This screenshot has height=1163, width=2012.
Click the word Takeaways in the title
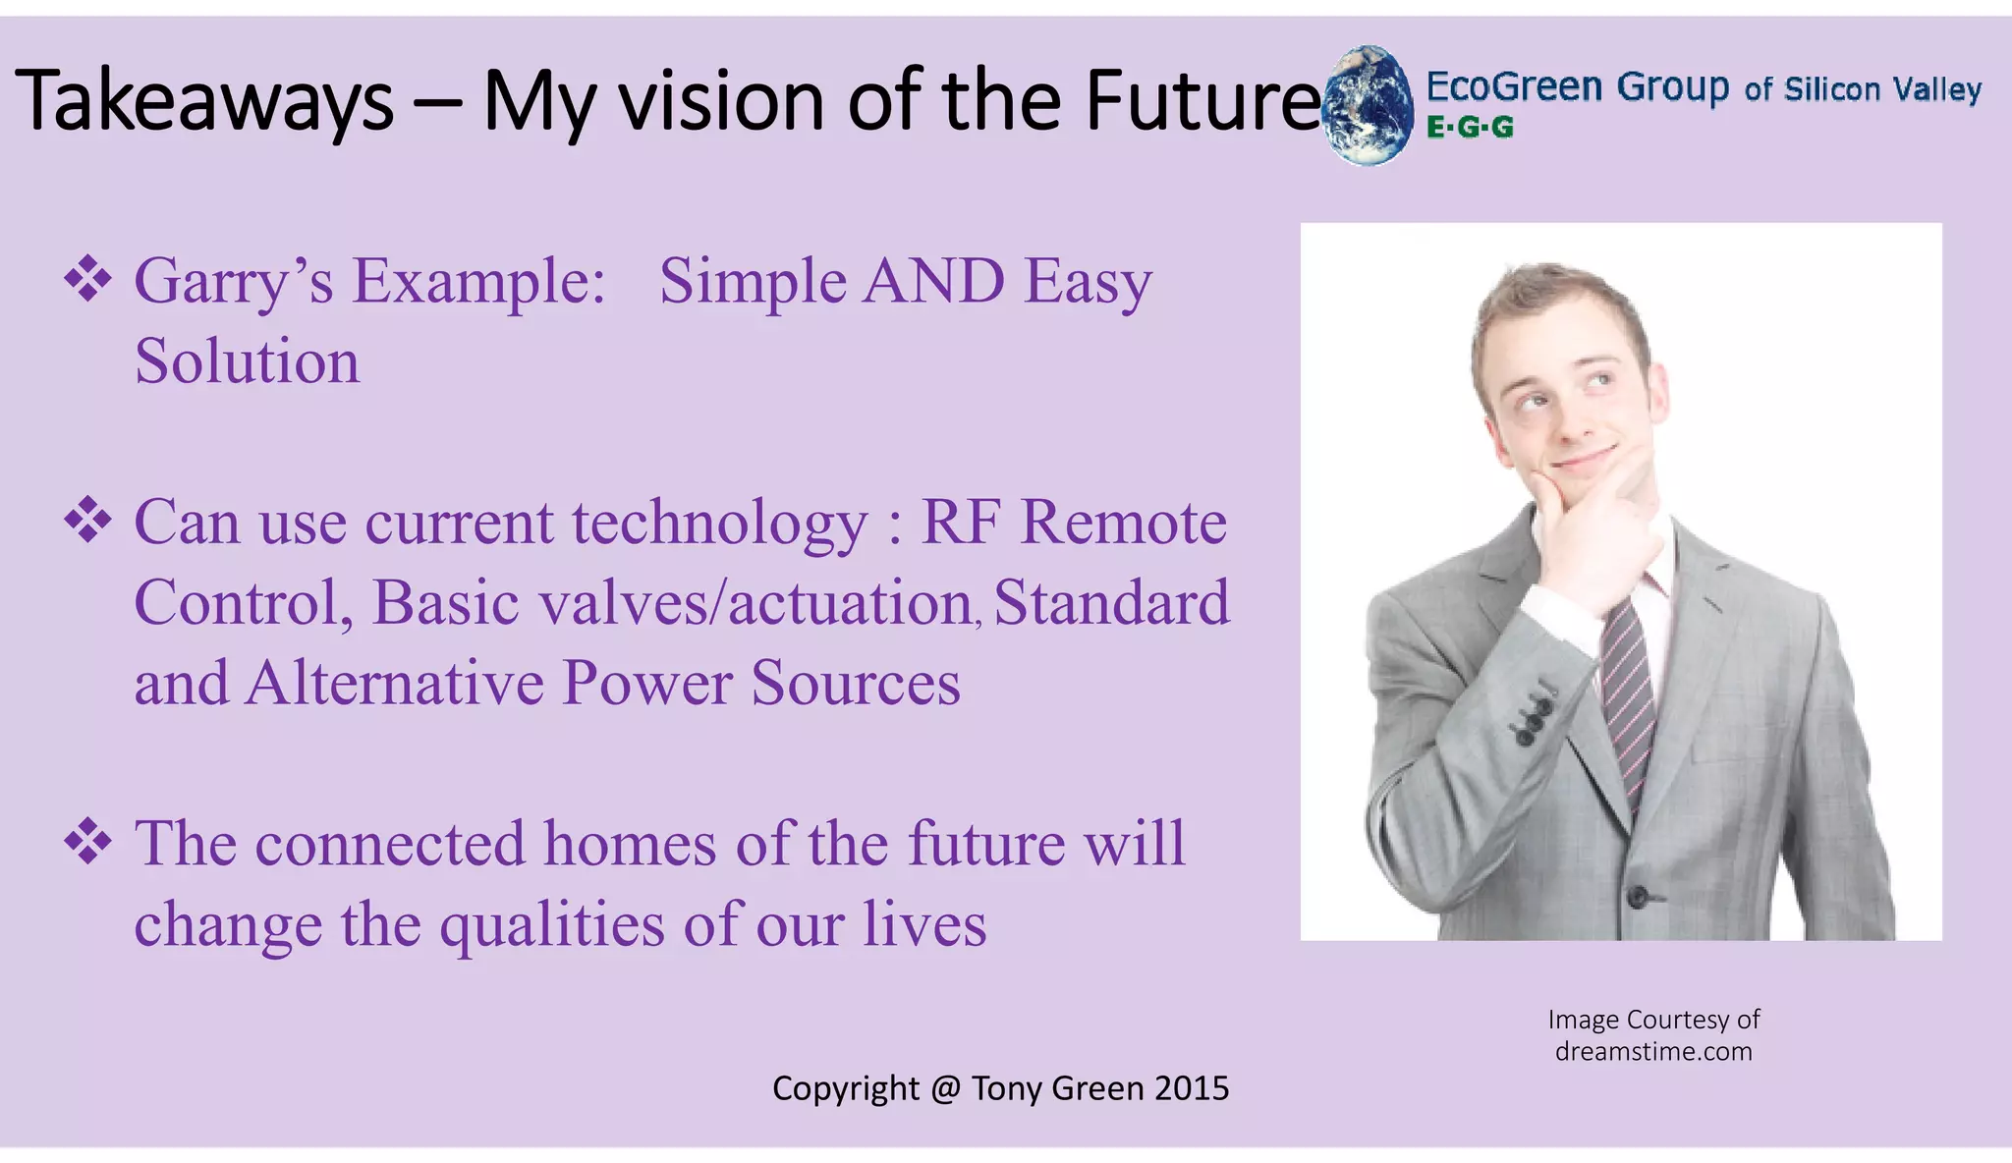pos(204,102)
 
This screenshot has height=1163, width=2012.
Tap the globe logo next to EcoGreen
pos(1367,104)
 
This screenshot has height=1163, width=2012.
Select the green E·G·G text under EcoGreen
pos(1470,128)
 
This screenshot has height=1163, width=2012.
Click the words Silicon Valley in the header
pos(1882,89)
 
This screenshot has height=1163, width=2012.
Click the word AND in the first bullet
pos(933,282)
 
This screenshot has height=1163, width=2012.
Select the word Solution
pos(247,361)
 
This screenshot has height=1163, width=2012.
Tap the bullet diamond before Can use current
pos(87,520)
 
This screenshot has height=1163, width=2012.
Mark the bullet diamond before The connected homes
pos(87,842)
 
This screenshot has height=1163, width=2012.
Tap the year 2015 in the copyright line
pos(1192,1088)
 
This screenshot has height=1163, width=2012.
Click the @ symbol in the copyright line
pos(945,1088)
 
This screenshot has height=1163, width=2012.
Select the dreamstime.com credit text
pos(1653,1052)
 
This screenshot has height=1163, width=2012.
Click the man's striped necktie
pos(1628,697)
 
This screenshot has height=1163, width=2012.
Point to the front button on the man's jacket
pos(1637,896)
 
